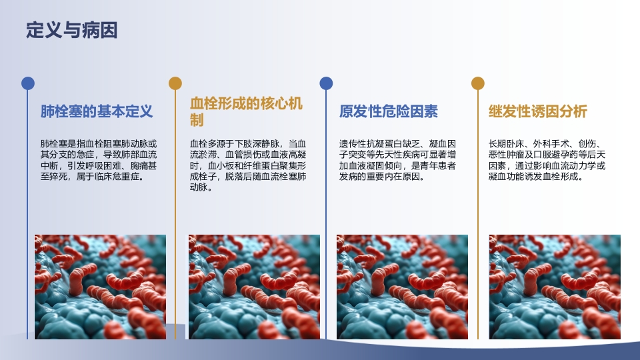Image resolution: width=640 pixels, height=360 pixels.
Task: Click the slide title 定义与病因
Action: pos(71,30)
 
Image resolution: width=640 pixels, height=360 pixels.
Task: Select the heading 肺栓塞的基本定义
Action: pos(97,111)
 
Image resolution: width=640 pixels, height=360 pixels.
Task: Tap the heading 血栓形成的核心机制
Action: pos(246,111)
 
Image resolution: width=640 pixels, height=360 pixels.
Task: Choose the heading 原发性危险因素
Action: pos(389,111)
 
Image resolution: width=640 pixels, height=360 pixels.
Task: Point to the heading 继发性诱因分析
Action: pos(538,111)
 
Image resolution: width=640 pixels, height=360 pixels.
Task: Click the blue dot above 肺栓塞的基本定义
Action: pos(27,83)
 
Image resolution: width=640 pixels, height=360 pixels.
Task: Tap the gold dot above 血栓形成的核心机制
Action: pos(175,83)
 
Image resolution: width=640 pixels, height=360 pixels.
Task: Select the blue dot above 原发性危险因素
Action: pos(326,83)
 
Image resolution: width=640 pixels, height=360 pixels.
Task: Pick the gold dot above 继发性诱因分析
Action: pos(477,83)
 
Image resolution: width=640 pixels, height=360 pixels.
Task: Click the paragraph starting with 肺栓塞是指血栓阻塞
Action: pos(99,160)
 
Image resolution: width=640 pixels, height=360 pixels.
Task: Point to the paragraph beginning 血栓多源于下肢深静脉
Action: pos(248,165)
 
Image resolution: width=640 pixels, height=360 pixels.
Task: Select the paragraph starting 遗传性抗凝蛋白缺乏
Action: pos(397,160)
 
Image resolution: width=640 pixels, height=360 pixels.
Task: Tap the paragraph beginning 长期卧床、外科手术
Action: pos(547,160)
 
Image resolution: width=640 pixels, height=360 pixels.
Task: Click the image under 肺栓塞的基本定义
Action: pos(100,287)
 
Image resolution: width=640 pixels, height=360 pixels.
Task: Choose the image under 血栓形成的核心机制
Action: pos(253,287)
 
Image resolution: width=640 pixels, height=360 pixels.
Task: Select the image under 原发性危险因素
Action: pos(402,287)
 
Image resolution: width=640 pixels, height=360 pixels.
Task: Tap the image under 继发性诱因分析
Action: pos(555,287)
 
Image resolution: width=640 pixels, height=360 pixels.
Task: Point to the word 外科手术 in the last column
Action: pos(549,143)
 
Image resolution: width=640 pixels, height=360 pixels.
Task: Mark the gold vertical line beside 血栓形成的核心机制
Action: pos(175,213)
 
